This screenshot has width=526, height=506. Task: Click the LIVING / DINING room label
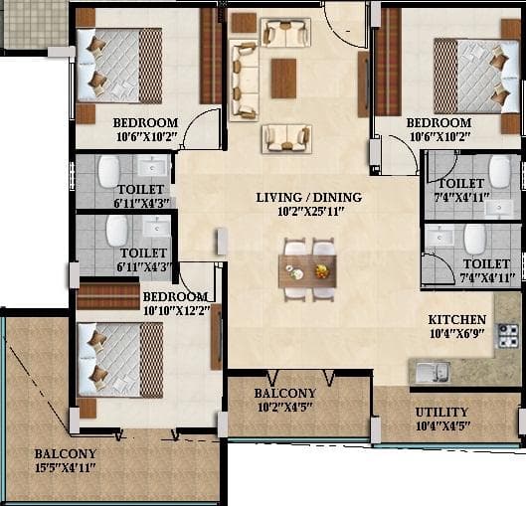(308, 197)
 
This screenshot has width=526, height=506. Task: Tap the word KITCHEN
(458, 320)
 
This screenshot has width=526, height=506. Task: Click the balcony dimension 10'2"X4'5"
(284, 407)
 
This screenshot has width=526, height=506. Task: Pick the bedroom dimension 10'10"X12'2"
(175, 311)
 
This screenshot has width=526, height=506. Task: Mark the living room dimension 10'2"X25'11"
(308, 212)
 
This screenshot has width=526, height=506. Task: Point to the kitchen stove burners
(507, 339)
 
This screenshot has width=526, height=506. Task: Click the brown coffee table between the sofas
(283, 78)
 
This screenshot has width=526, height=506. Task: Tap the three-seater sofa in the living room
(243, 80)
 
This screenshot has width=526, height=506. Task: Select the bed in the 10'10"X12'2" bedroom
(118, 354)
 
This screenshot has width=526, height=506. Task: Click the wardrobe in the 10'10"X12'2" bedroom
(108, 296)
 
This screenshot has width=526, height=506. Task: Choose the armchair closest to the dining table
(286, 138)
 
